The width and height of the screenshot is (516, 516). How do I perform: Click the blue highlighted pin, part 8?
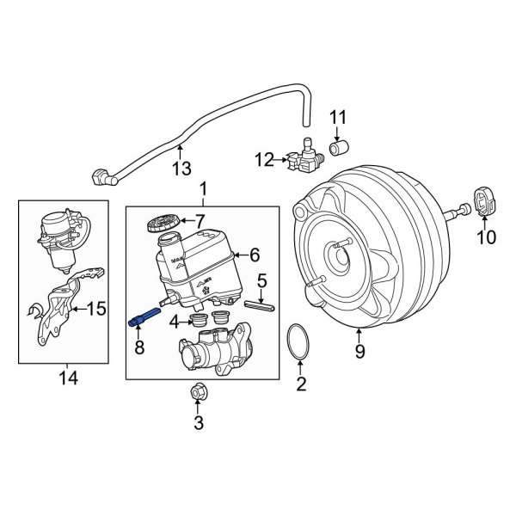[x=144, y=316]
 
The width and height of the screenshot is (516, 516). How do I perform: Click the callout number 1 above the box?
[x=203, y=188]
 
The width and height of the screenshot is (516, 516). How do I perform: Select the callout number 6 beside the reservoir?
[x=254, y=254]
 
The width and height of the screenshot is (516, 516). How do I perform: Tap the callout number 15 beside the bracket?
[x=95, y=308]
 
